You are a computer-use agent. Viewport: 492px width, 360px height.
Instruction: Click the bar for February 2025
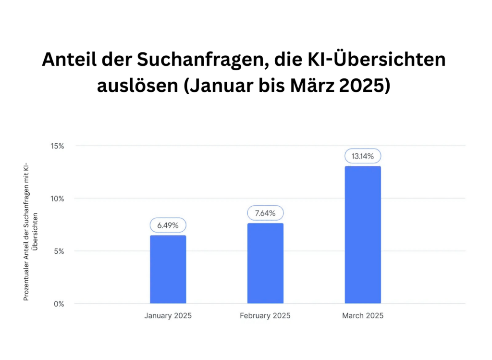pos(265,263)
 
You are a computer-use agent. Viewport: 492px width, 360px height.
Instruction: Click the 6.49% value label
pos(168,225)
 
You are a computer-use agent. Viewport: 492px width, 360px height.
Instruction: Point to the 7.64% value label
pos(265,213)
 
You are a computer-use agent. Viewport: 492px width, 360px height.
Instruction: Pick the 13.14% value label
pos(363,156)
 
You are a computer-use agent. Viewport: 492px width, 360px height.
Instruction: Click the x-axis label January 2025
pos(168,316)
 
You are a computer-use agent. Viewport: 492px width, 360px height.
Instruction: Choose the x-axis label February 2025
pos(265,316)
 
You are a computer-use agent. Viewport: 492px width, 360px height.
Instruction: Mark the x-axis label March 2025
pos(363,316)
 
